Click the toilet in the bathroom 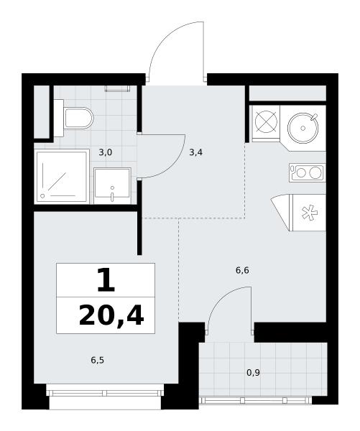coord(74,119)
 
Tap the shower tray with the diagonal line coord(62,176)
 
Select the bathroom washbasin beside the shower coord(112,186)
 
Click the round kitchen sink coord(303,128)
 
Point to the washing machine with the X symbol coord(266,122)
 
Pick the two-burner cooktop coord(308,172)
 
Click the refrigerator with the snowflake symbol coord(308,213)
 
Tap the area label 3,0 coord(106,152)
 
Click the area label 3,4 coord(196,152)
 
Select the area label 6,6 coord(242,271)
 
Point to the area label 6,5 coord(97,360)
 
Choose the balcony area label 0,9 coord(253,373)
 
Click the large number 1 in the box coord(106,280)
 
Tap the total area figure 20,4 coord(111,316)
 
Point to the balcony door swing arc coord(221,296)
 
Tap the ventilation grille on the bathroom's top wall coord(117,88)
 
